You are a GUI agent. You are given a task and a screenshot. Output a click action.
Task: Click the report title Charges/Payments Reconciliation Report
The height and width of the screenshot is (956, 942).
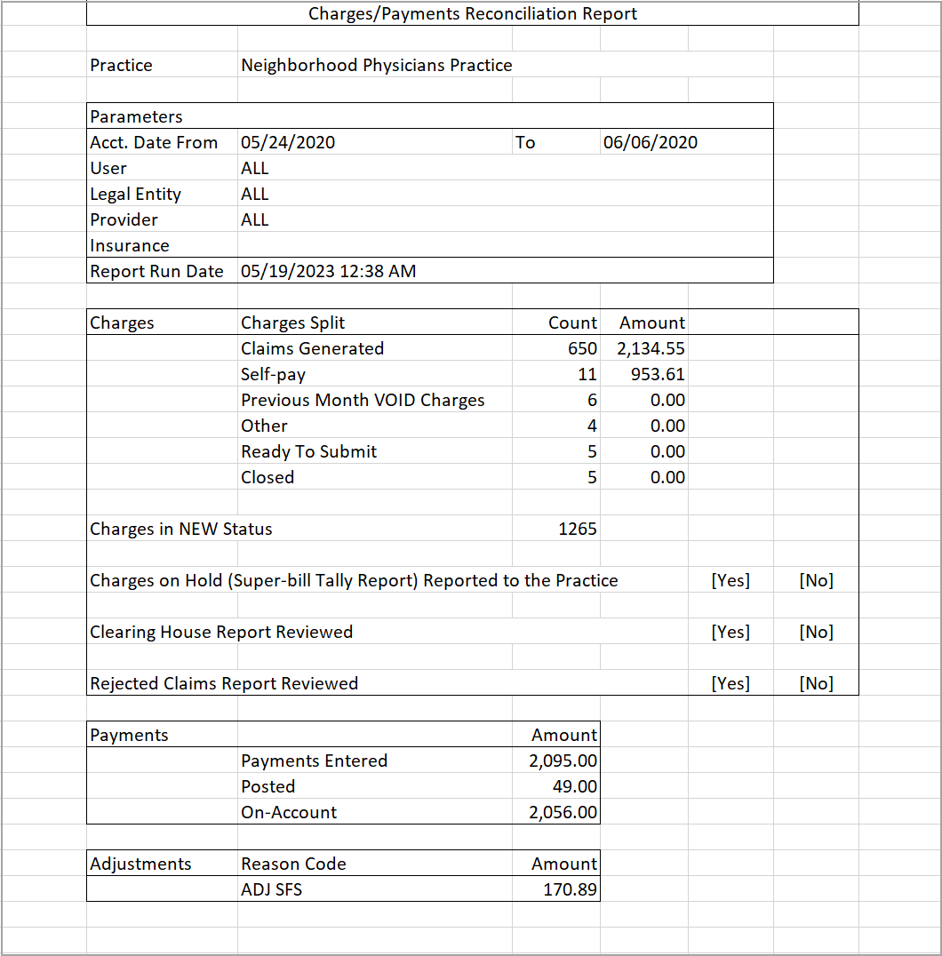tap(472, 13)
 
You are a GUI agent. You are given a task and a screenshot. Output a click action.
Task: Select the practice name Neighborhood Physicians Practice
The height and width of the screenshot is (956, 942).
tap(376, 65)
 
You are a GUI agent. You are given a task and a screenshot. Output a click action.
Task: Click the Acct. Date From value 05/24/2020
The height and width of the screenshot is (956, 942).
tap(288, 142)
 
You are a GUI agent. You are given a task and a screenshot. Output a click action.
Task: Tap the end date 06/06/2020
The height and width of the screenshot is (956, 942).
tap(650, 142)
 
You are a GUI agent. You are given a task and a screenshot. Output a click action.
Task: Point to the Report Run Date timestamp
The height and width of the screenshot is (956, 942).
tap(328, 271)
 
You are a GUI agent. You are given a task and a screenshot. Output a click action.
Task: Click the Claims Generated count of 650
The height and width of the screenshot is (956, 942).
tap(582, 348)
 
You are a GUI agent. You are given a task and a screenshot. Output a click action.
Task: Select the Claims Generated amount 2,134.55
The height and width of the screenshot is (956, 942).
tap(651, 348)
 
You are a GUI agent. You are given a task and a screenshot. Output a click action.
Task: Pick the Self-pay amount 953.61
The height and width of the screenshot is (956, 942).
tap(658, 374)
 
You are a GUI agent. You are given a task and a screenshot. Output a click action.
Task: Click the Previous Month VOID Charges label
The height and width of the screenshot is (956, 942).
tap(363, 400)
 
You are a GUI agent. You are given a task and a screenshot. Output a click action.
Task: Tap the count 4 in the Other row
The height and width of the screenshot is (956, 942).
tap(592, 426)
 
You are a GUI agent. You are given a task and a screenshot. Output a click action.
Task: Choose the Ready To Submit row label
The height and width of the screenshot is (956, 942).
tap(308, 451)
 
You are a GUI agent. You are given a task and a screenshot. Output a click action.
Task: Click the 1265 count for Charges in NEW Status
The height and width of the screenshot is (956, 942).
tap(578, 529)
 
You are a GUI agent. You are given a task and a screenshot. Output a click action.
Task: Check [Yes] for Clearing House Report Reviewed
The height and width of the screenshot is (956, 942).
tap(730, 632)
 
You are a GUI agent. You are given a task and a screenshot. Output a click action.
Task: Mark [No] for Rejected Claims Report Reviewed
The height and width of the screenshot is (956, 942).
tap(816, 683)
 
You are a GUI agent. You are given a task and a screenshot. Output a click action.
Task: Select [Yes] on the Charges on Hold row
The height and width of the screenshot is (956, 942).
tap(730, 580)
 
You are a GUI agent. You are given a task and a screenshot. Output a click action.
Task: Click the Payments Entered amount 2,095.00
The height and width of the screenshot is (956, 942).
tap(563, 761)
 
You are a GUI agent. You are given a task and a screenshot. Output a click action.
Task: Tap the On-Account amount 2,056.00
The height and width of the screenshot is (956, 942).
tap(563, 812)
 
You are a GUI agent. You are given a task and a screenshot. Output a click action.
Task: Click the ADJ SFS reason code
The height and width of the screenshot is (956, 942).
tap(271, 888)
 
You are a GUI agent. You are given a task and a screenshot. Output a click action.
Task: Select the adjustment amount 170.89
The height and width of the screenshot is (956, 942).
tap(570, 888)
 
